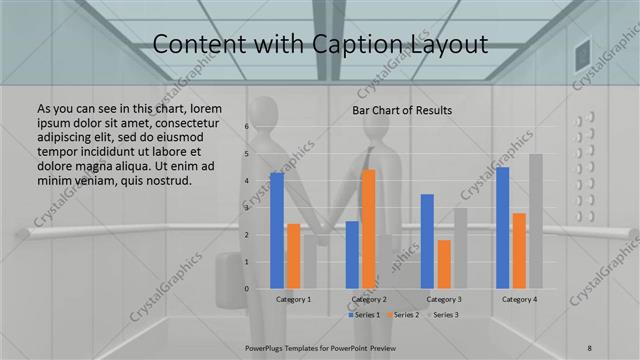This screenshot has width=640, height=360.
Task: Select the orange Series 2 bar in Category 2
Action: pyautogui.click(x=369, y=229)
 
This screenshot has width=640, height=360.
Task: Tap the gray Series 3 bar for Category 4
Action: pyautogui.click(x=536, y=221)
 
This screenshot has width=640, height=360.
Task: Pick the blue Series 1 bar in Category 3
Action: pyautogui.click(x=427, y=241)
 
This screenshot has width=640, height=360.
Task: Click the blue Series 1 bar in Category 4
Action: pyautogui.click(x=502, y=227)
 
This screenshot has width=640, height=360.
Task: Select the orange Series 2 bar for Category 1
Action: pyautogui.click(x=293, y=256)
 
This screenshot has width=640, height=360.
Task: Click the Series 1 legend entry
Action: pyautogui.click(x=363, y=315)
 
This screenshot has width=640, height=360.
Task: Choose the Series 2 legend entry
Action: pyautogui.click(x=404, y=315)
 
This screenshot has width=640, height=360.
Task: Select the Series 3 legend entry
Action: pyautogui.click(x=444, y=315)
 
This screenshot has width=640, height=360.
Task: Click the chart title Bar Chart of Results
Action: pyautogui.click(x=402, y=110)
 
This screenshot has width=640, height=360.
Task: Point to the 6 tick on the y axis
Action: pyautogui.click(x=246, y=127)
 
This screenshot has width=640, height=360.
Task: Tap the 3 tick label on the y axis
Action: pyautogui.click(x=246, y=208)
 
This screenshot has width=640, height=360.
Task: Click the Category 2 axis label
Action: pyautogui.click(x=369, y=299)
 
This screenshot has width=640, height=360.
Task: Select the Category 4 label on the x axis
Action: pyautogui.click(x=519, y=299)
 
